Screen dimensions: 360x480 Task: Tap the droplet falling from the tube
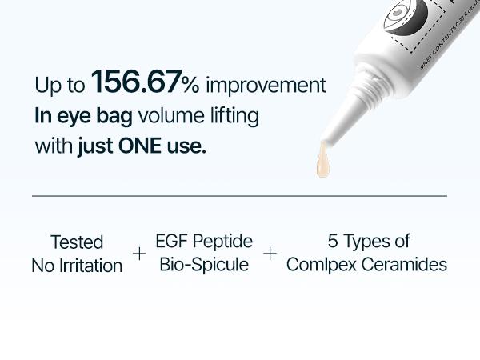click(323, 162)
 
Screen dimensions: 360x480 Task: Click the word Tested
click(77, 242)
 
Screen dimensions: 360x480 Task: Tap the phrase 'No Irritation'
click(77, 265)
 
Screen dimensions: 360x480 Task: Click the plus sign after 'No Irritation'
click(140, 254)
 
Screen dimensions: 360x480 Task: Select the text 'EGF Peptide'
click(204, 241)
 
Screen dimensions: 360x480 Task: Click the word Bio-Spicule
click(204, 264)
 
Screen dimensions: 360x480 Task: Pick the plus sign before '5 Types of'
click(270, 254)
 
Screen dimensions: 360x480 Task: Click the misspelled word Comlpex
click(321, 265)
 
